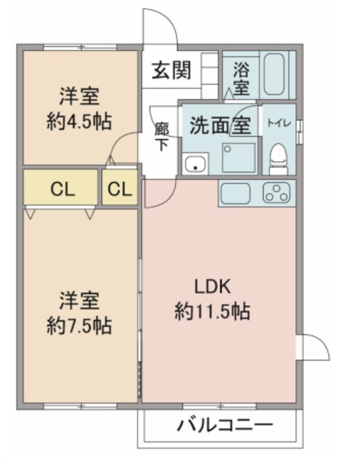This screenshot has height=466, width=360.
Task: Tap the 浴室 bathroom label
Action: [241, 78]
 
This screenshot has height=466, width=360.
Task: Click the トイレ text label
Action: [278, 123]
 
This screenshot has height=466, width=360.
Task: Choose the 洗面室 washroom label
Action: [221, 125]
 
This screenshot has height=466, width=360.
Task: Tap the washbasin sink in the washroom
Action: [195, 164]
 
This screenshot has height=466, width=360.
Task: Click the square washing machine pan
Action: [239, 158]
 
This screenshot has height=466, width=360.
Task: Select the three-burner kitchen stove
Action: [277, 192]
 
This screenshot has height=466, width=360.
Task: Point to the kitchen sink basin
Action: [235, 193]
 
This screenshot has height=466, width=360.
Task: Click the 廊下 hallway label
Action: [162, 137]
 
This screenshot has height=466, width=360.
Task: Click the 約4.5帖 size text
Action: [79, 122]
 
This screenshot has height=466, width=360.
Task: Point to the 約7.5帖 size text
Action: [79, 326]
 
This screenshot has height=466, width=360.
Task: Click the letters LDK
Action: [213, 287]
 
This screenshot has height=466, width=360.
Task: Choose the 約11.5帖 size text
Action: [212, 312]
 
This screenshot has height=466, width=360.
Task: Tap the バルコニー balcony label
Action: [225, 425]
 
